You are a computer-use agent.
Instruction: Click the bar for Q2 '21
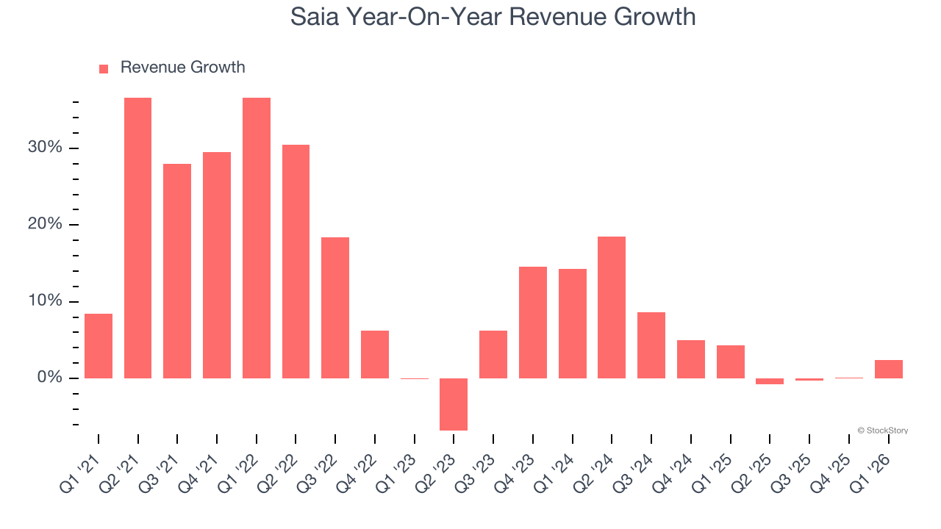[x=137, y=238]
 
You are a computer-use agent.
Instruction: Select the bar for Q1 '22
[x=257, y=238]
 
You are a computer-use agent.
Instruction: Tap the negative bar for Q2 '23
[x=454, y=404]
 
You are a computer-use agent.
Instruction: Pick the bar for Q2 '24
[x=612, y=307]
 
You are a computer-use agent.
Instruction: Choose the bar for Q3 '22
[x=335, y=308]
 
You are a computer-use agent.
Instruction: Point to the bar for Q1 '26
[x=889, y=369]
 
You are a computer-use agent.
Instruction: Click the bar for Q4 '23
[x=533, y=323]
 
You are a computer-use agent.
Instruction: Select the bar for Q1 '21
[x=99, y=346]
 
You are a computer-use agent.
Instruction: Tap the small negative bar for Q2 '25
[x=770, y=381]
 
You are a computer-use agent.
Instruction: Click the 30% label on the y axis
[x=45, y=148]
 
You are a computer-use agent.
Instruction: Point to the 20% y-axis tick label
[x=45, y=225]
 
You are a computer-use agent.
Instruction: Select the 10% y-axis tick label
[x=45, y=301]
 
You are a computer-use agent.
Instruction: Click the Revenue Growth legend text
[x=182, y=68]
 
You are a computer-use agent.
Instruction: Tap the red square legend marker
[x=104, y=68]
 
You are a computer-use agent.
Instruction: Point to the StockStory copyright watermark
[x=882, y=431]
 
